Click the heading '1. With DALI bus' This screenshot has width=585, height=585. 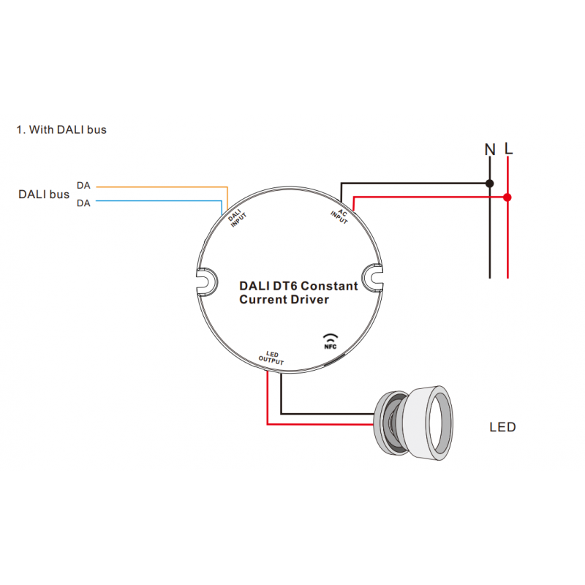coord(61,129)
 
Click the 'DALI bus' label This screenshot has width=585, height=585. coord(44,195)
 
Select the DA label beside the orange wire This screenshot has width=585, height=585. coord(83,186)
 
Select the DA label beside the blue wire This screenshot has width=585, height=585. coord(83,203)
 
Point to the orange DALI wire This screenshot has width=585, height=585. coord(161,186)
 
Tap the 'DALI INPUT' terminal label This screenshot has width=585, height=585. coord(235,219)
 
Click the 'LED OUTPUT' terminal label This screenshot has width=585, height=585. coord(271,358)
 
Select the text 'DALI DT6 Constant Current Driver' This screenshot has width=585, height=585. coord(298,292)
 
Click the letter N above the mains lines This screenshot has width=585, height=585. coord(490,149)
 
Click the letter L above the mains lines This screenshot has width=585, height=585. coord(508,149)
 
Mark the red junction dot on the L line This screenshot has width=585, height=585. coord(507,197)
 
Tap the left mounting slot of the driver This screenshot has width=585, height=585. coord(205,280)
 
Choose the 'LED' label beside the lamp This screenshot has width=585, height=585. coord(502,427)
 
